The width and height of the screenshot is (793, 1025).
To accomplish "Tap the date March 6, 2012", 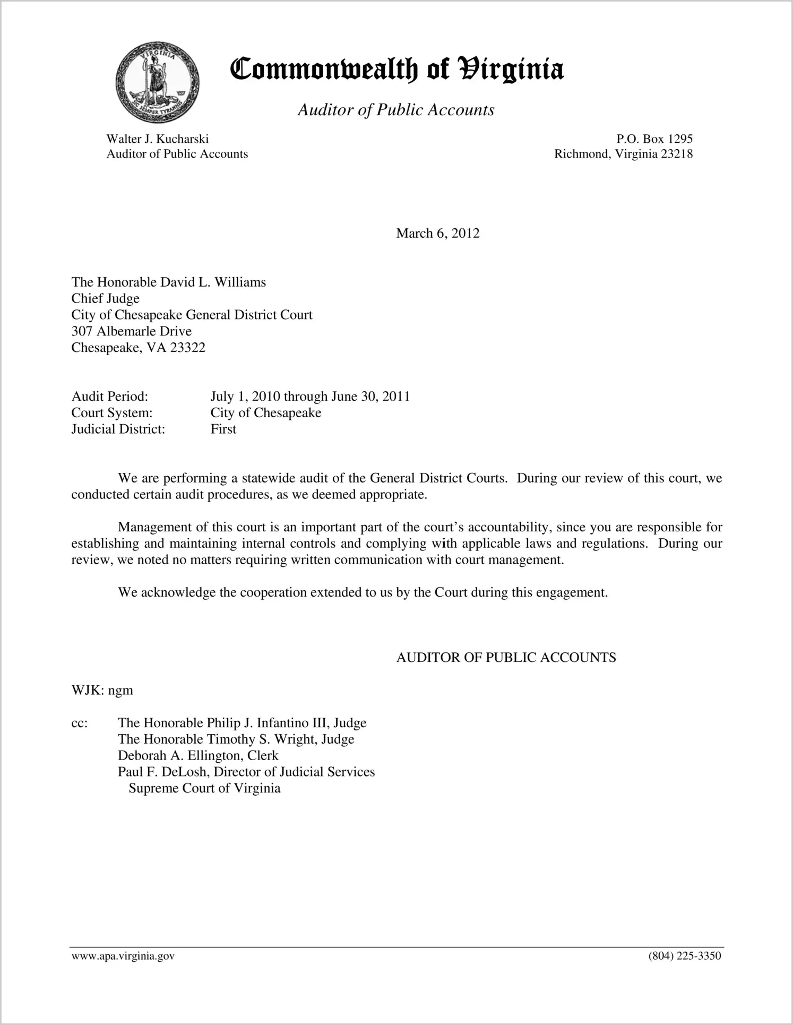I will tap(437, 234).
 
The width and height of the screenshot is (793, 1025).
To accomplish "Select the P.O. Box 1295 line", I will tap(654, 139).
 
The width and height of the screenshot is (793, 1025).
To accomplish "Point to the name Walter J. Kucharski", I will tap(157, 139).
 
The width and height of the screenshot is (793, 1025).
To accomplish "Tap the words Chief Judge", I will tap(105, 298).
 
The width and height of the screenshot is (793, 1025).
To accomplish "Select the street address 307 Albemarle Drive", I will tap(131, 331).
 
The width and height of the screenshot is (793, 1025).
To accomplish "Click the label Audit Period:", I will tap(109, 397).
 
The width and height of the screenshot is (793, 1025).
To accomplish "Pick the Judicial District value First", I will tap(223, 429).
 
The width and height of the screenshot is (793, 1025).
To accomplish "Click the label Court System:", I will tap(111, 413).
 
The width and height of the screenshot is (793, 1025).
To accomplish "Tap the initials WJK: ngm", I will tap(102, 691).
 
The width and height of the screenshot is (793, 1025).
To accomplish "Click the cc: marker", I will tap(79, 723).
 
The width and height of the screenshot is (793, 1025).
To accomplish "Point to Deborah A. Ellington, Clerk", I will tap(198, 755).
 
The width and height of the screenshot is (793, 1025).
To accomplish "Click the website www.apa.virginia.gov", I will tap(123, 957).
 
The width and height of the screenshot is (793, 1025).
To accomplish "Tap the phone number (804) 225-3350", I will tap(684, 957).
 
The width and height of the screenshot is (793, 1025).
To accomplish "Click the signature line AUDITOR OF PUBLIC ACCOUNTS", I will tap(506, 658).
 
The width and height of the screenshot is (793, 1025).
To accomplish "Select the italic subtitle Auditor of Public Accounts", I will tap(396, 110).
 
